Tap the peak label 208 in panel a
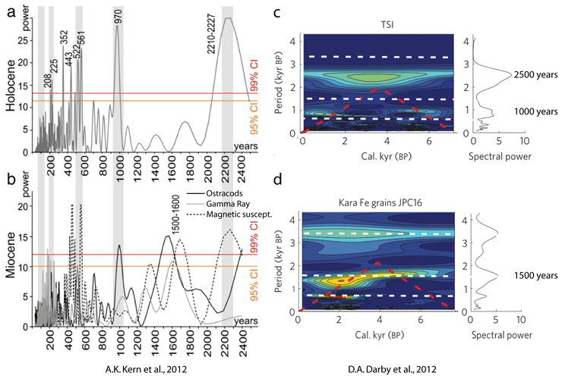coord(49,80)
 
